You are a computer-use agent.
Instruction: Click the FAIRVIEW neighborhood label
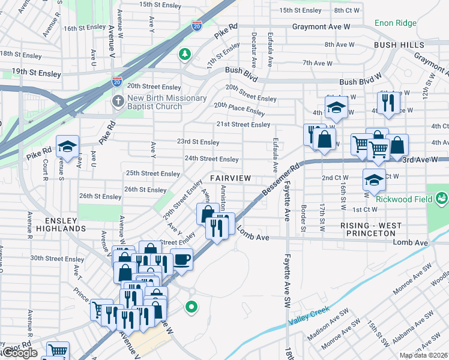[230, 179]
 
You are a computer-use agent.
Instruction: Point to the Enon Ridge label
[394, 23]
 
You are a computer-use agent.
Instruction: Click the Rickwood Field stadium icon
[442, 197]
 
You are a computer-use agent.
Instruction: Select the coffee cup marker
[182, 260]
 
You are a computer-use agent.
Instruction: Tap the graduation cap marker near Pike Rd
[68, 146]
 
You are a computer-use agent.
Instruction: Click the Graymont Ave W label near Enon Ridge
[321, 27]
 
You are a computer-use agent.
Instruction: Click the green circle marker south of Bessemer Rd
[191, 307]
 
